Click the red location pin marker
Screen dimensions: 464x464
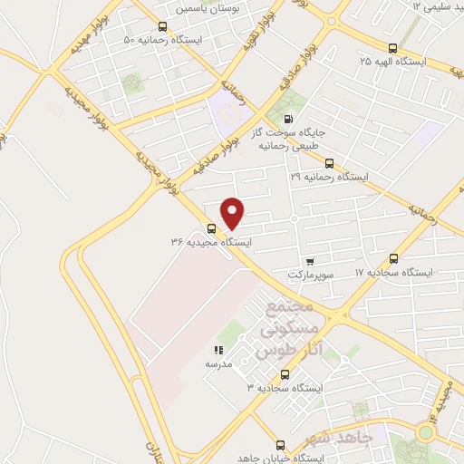233,213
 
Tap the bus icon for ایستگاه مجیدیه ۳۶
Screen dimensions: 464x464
211,228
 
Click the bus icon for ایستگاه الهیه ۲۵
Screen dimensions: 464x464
392,48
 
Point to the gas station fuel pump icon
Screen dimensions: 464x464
289,119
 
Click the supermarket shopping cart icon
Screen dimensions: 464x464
310,259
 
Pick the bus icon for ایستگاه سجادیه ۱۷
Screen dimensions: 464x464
392,258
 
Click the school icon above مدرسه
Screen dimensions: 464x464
217,350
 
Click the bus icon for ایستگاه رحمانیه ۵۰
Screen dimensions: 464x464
162,26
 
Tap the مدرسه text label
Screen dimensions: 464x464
217,363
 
